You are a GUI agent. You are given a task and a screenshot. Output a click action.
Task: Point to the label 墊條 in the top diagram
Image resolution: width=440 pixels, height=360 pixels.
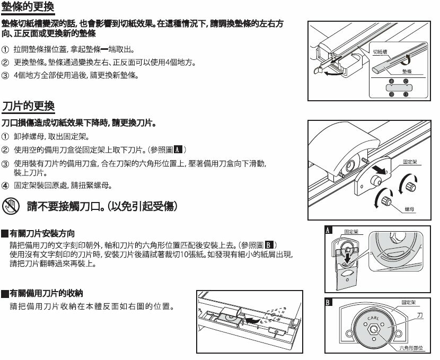[407, 70]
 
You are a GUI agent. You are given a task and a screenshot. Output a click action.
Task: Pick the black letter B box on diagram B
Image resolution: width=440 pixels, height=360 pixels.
[329, 303]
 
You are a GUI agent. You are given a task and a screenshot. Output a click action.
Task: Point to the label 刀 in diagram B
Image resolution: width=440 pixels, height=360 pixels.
[420, 314]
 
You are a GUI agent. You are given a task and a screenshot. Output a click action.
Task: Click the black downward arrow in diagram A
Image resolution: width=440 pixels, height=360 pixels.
[347, 258]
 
